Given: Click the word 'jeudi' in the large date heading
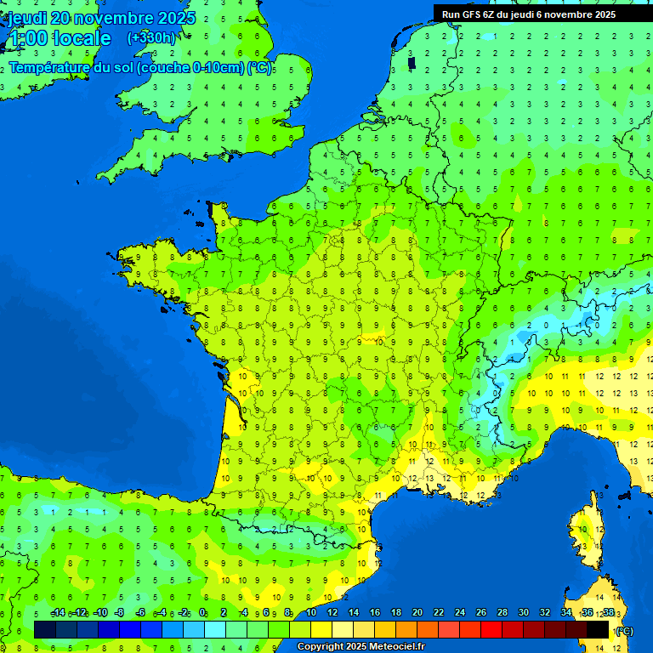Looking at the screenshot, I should [x=26, y=18].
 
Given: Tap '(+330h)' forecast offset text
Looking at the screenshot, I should [x=151, y=38].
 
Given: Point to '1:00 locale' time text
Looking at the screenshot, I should [x=59, y=38].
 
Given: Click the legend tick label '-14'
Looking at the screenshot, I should [x=58, y=612].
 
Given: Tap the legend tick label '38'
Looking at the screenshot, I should [x=608, y=612].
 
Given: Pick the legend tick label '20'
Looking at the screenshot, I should [x=417, y=612].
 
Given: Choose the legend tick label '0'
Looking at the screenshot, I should [x=202, y=612].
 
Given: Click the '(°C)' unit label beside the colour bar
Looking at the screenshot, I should [x=624, y=630].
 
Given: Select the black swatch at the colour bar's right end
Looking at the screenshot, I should [x=598, y=629].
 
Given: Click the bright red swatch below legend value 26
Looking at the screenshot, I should [x=491, y=629].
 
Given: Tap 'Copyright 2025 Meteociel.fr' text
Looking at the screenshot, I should [x=361, y=647].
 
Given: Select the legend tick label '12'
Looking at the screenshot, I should [x=332, y=612].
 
